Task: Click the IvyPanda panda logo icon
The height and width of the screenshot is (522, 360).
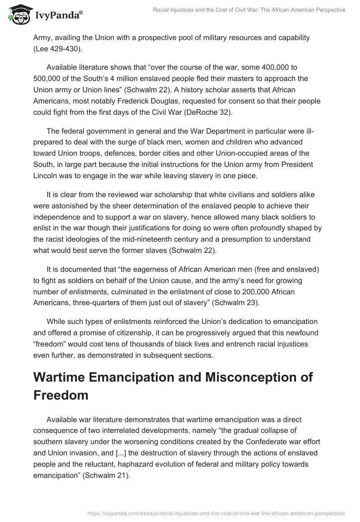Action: click(x=18, y=14)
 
